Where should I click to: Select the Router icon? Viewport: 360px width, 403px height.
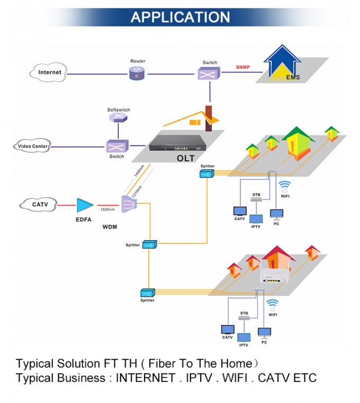click(x=138, y=74)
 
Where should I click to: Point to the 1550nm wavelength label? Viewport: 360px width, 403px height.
click(x=109, y=209)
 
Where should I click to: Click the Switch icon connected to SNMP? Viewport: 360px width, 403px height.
click(x=210, y=74)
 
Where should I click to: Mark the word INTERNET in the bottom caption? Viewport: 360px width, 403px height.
click(x=145, y=378)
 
